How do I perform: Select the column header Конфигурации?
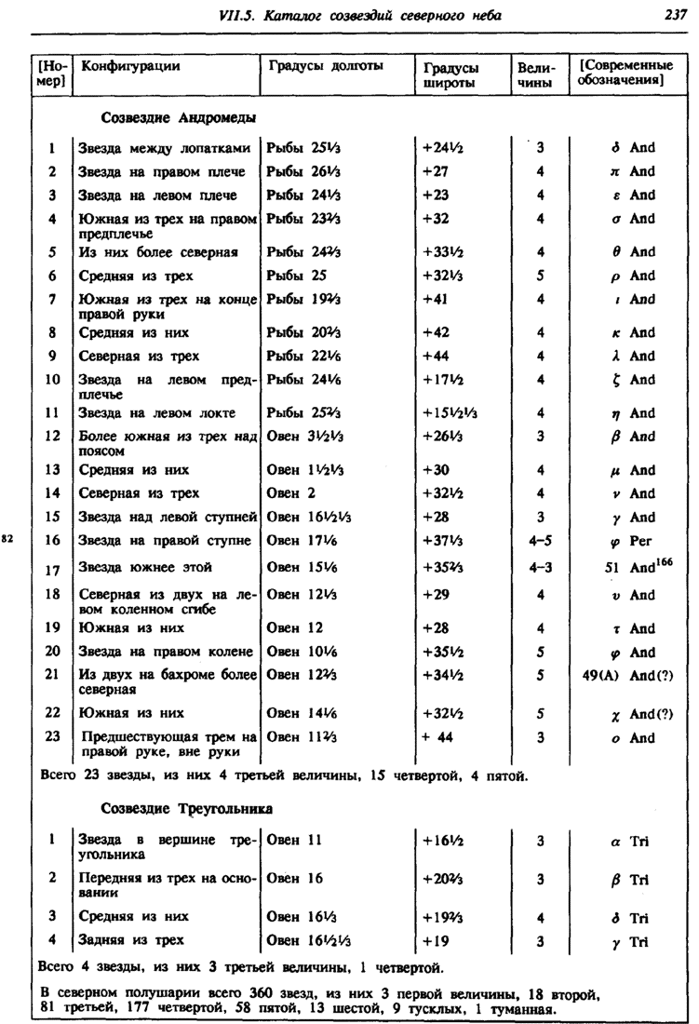[x=130, y=66]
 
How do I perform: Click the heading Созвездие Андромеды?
[x=178, y=117]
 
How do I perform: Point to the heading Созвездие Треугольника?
[x=186, y=806]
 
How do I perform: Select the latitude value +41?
[x=437, y=299]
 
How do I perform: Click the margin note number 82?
[x=8, y=538]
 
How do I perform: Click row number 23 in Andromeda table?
[x=53, y=738]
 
